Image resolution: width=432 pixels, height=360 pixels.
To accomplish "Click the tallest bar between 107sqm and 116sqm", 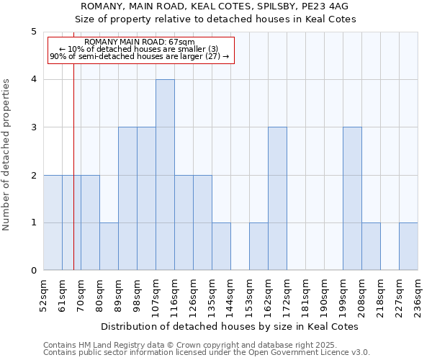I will click(x=165, y=175).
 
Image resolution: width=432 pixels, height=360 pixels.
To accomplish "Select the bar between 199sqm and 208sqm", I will click(x=352, y=199).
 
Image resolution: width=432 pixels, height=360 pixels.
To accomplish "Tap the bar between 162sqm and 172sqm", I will click(x=277, y=199).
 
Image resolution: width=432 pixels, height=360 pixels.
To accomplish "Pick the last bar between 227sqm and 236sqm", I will click(x=408, y=247).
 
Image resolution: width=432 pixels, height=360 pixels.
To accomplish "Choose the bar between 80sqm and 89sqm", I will click(x=109, y=247).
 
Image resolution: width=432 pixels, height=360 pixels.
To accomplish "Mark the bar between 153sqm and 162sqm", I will click(x=258, y=247).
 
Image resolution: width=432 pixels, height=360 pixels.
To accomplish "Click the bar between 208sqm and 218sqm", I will click(x=371, y=247).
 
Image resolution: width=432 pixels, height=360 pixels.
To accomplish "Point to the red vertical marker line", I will click(x=73, y=180).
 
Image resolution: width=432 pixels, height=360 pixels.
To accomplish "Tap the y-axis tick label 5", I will click(x=34, y=32).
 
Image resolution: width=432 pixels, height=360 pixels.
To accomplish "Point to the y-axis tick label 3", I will click(x=34, y=127).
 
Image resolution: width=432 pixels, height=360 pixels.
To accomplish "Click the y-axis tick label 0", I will click(x=34, y=271).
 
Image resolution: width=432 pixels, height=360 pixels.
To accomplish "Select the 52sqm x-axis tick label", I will click(x=43, y=296).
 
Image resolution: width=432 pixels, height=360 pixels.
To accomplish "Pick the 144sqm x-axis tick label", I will click(x=230, y=296).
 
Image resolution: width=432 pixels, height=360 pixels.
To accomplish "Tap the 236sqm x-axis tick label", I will click(x=418, y=296).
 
